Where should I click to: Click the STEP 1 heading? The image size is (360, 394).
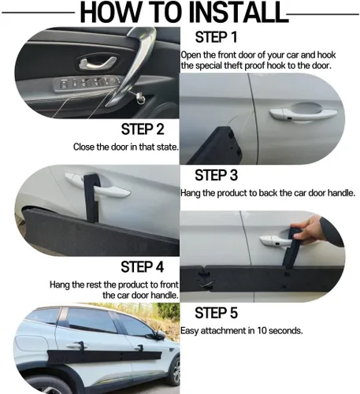tap(216, 37)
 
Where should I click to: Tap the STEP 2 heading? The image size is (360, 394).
tap(143, 129)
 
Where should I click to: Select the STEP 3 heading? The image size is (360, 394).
tap(216, 175)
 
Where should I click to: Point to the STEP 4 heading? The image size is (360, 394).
tap(143, 267)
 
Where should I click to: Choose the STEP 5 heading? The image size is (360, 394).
tap(216, 313)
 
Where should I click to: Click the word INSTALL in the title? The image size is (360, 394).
tap(237, 13)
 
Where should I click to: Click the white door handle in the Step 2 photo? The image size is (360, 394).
tap(302, 114)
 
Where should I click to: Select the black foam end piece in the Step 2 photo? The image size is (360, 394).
tap(218, 146)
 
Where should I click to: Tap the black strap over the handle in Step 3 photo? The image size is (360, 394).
tap(91, 197)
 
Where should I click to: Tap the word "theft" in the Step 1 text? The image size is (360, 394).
tap(234, 65)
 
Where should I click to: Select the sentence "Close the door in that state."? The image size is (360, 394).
tap(126, 147)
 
